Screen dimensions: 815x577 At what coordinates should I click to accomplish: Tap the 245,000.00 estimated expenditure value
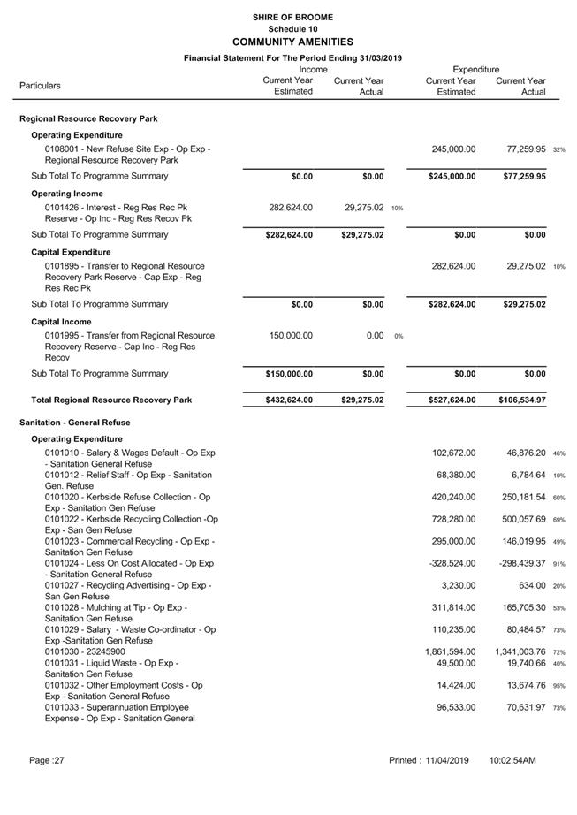(x=453, y=149)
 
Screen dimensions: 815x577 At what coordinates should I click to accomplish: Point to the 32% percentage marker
(x=558, y=150)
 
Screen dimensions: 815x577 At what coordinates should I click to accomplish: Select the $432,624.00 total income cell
(x=289, y=400)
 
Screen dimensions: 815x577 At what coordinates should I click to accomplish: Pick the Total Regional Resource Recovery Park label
(x=106, y=400)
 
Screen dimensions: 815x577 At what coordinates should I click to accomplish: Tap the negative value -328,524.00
(x=452, y=563)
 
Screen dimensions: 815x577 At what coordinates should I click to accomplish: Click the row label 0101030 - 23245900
(x=85, y=651)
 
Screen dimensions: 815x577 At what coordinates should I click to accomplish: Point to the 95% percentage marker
(x=558, y=686)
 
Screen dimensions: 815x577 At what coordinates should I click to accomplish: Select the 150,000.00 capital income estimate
(x=290, y=336)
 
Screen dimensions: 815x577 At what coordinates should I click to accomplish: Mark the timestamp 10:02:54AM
(x=512, y=760)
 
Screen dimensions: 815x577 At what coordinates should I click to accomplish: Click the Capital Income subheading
(x=61, y=322)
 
